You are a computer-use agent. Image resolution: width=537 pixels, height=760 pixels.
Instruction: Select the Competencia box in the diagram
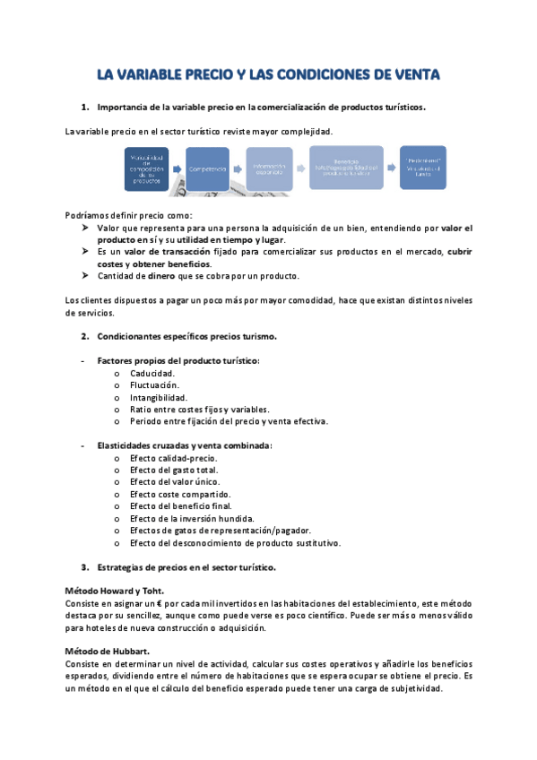(207, 168)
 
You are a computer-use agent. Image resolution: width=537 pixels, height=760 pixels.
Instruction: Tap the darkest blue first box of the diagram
(147, 168)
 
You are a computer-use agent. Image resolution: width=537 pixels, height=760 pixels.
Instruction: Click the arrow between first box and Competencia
(178, 168)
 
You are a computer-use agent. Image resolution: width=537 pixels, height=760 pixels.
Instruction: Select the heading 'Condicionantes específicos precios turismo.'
(186, 336)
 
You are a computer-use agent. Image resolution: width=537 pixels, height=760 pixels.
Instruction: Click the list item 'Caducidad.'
(152, 373)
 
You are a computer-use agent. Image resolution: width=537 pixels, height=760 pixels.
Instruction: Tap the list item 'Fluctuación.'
(154, 384)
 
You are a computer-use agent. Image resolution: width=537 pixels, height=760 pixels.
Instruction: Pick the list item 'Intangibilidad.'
(159, 397)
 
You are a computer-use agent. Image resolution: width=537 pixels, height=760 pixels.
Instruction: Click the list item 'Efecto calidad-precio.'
(173, 458)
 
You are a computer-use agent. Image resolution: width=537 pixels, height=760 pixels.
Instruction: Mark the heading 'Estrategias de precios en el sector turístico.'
(186, 567)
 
